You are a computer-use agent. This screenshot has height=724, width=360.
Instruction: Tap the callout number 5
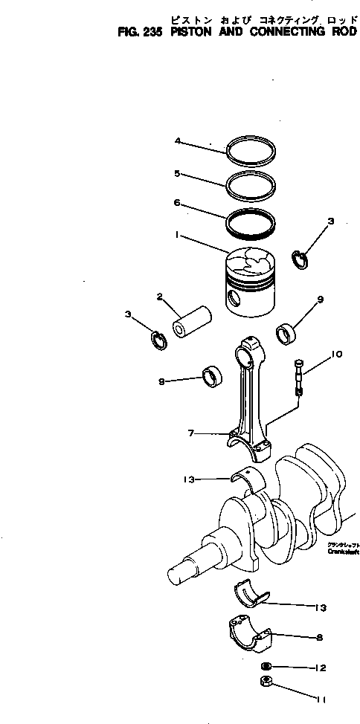click(177, 173)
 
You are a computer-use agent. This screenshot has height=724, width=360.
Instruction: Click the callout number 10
click(336, 354)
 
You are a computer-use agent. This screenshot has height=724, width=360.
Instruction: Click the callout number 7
click(190, 433)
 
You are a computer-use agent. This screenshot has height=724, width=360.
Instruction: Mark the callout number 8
click(320, 637)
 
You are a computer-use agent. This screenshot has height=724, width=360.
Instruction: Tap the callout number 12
click(321, 668)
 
